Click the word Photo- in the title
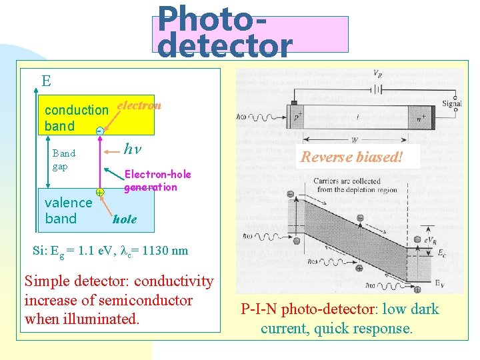(213, 18)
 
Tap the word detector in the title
(225, 46)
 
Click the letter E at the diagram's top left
(46, 81)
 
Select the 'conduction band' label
(75, 117)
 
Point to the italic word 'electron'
(139, 105)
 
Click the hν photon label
(132, 149)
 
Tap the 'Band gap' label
(64, 159)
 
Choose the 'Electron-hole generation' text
(157, 181)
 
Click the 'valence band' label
(68, 211)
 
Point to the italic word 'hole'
(125, 219)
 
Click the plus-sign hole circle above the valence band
(99, 192)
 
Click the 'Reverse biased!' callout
(351, 157)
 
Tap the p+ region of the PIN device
(297, 117)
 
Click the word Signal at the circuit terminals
(451, 103)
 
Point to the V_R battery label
(377, 73)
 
